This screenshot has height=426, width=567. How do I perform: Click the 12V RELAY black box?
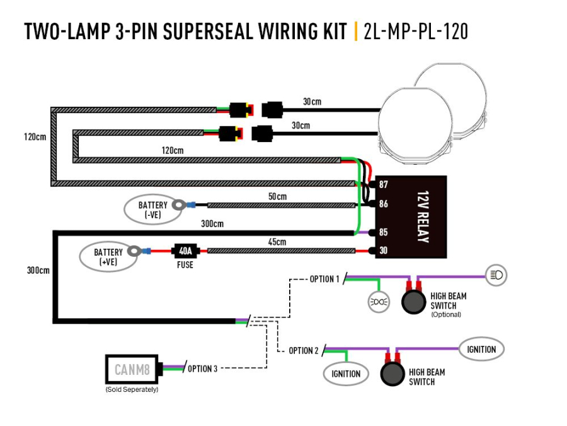(x=411, y=216)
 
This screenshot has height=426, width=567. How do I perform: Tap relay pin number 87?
(x=383, y=185)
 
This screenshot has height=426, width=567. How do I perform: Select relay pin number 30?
(x=383, y=251)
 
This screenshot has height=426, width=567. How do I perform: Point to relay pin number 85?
(x=383, y=232)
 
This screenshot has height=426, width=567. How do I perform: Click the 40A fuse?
(x=185, y=251)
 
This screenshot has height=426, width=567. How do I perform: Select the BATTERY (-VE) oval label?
(x=152, y=210)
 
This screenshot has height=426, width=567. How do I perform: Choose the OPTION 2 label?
(x=304, y=350)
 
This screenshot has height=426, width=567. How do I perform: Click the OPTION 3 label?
(x=202, y=369)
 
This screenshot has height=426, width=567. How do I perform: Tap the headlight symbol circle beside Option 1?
(x=496, y=275)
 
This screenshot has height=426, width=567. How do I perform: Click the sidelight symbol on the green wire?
(x=378, y=302)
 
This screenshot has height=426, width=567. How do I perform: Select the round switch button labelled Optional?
(x=414, y=302)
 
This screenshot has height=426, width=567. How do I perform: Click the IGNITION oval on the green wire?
(x=346, y=374)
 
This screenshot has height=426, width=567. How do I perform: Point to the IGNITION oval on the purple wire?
(x=481, y=349)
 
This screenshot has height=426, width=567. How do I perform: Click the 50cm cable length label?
(x=277, y=197)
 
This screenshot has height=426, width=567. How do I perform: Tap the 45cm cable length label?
(x=277, y=242)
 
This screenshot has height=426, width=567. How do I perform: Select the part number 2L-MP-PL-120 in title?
(x=416, y=31)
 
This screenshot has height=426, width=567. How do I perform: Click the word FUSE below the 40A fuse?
(x=185, y=265)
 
